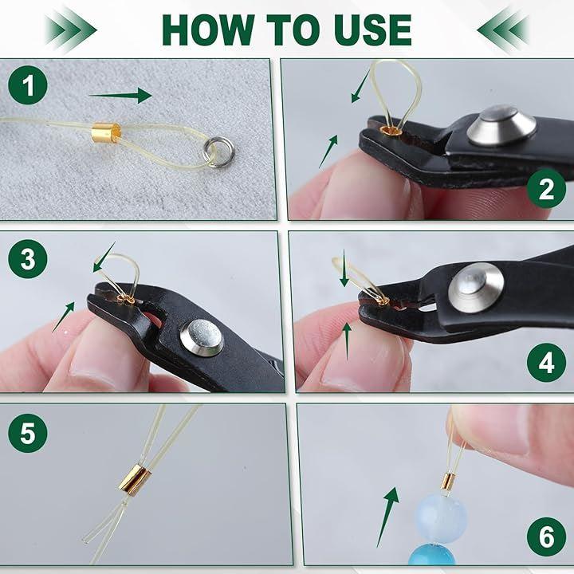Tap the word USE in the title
coord(372,29)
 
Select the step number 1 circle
coord(28,85)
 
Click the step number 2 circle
coord(547,189)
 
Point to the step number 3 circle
coord(28,259)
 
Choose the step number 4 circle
coord(547,363)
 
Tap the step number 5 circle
coord(28,433)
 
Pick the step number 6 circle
coord(547,537)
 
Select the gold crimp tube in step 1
coord(106,132)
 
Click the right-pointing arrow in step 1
coord(120,96)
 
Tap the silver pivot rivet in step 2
coord(502,125)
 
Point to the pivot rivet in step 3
coord(202,337)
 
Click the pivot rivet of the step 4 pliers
coord(476,288)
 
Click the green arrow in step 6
coord(387,517)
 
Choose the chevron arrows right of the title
coord(502,30)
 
